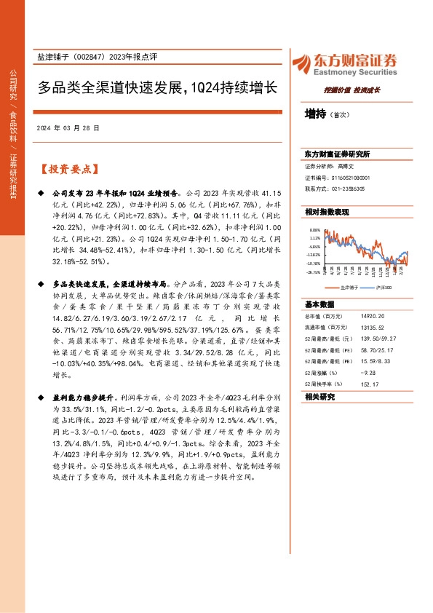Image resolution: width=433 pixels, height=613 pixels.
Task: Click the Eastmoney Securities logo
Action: coord(344,64)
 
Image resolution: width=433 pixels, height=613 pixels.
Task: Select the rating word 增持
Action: coord(315,114)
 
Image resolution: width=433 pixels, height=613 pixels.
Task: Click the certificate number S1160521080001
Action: coord(351,178)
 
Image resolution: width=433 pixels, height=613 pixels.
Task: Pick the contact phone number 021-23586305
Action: coord(348,188)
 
